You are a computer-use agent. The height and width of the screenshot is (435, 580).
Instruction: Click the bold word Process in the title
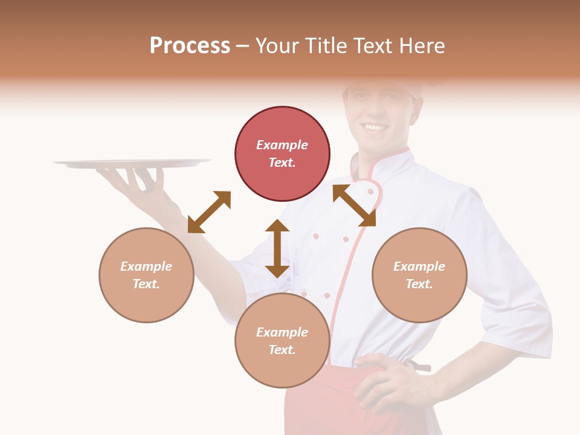pos(190,46)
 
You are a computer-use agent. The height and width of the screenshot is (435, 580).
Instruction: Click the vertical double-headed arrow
pos(277,248)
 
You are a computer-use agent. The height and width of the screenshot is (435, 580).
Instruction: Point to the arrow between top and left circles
pos(209,211)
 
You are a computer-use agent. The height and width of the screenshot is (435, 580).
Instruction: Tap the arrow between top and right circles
pos(355,205)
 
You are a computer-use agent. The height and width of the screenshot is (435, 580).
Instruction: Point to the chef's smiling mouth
pos(376,127)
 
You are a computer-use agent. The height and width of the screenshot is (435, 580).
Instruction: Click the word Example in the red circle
pos(282,145)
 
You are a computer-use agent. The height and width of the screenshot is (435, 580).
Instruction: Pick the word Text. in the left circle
pos(146,284)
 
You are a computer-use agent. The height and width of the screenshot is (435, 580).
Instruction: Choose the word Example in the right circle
pos(419,266)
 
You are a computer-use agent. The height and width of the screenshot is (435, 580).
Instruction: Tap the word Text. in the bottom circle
pos(282,350)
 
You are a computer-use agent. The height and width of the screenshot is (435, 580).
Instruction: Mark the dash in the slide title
pos(243,46)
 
